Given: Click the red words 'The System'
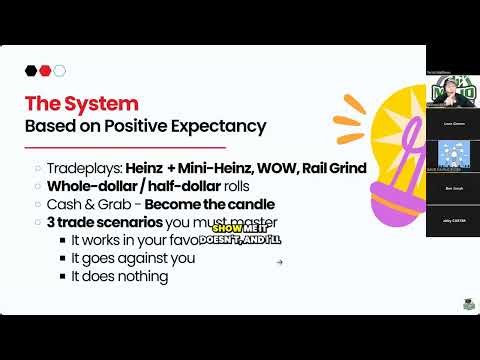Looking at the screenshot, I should click(81, 103).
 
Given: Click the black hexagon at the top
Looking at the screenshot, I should click(31, 70).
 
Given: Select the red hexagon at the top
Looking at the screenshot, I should click(45, 70).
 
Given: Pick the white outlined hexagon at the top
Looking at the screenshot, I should click(59, 70).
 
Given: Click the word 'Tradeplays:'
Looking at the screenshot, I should click(83, 167).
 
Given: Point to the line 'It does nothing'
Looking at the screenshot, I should click(119, 276).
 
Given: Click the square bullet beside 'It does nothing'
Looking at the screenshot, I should click(63, 276).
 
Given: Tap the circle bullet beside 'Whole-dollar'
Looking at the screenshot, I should click(38, 186).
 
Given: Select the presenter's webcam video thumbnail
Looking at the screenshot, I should click(452, 91).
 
